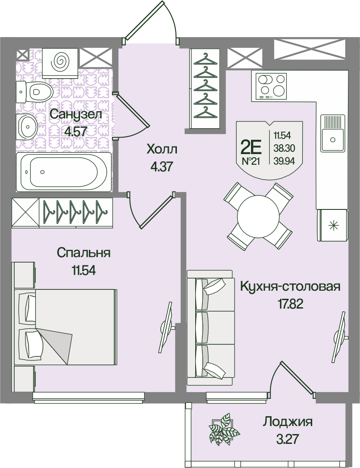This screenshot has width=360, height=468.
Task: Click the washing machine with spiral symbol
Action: [x=60, y=63]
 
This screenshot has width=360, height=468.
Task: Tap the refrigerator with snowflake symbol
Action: [x=332, y=225]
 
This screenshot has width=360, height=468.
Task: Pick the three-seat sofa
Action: [x=210, y=327]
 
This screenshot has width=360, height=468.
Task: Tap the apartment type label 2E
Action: [x=251, y=147]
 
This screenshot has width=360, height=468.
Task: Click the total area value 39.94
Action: [x=284, y=161]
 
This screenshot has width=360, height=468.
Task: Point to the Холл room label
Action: [x=162, y=149]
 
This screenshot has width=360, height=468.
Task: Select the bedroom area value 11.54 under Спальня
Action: [x=83, y=271]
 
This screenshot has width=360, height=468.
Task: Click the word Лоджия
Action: [x=288, y=422]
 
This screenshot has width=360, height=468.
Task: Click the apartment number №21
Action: [x=251, y=162]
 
